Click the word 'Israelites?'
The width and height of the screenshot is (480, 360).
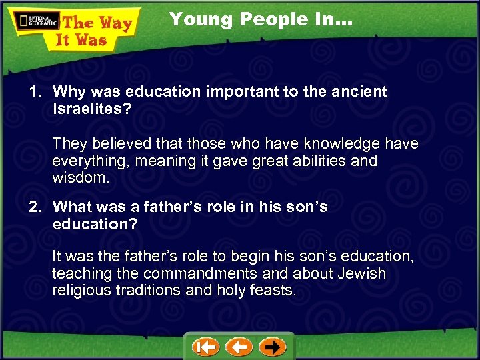91,109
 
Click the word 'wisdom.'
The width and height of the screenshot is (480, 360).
81,178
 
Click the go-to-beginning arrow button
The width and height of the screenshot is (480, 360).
206,347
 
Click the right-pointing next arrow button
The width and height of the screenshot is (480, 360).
272,347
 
